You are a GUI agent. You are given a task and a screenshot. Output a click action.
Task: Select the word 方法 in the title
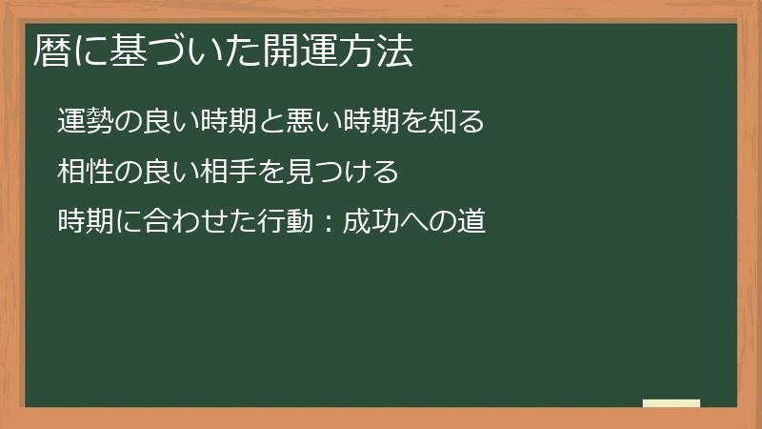(x=381, y=51)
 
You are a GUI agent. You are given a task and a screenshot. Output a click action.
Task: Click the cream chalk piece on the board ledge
(x=672, y=403)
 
